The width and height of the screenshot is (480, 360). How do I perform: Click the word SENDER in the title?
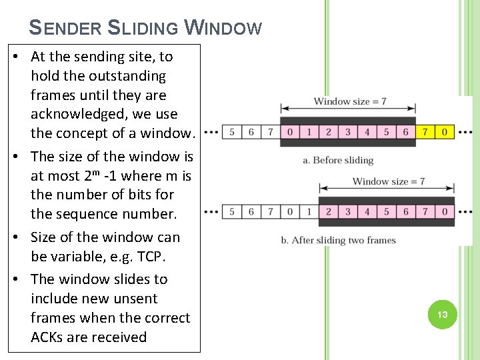tap(65, 28)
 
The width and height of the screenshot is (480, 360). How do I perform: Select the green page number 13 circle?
tap(442, 314)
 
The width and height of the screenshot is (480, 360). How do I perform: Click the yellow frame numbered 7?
tap(425, 132)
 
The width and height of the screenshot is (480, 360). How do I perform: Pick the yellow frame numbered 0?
tap(445, 132)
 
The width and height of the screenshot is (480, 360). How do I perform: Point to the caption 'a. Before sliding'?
tap(338, 160)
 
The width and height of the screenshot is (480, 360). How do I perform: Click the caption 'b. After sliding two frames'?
tap(339, 240)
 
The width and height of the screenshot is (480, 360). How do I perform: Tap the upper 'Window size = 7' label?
tap(349, 101)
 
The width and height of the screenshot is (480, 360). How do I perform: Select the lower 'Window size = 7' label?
tap(388, 181)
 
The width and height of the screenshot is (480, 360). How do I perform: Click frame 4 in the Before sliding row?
tap(367, 132)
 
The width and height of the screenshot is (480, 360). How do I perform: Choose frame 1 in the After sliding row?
tap(309, 212)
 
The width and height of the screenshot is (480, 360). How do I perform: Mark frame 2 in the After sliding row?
tap(328, 212)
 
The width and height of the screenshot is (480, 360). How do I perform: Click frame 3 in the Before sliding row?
tap(348, 132)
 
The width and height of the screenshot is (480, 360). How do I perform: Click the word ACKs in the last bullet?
tap(47, 337)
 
